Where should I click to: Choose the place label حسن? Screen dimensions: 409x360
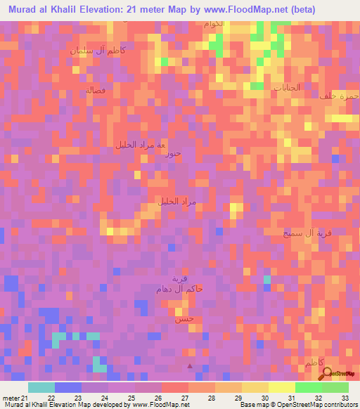click(x=184, y=319)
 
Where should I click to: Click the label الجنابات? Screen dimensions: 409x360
click(x=287, y=89)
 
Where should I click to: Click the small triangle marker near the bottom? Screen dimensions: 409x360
click(x=189, y=365)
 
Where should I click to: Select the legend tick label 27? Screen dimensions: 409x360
click(x=185, y=397)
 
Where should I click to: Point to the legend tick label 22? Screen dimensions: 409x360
click(x=51, y=397)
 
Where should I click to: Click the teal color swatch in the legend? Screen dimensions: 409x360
click(x=41, y=387)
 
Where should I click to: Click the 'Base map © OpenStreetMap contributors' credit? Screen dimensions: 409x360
click(x=297, y=405)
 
